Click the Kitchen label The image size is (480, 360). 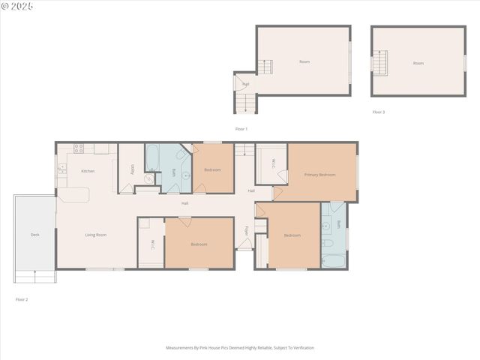[88, 171]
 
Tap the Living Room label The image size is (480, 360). [95, 235]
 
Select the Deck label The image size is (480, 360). [34, 235]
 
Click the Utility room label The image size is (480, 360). [133, 170]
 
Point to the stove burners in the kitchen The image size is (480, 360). [78, 148]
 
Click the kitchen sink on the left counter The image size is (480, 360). [62, 171]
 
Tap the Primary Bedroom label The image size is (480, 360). [319, 175]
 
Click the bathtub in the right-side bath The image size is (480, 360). [334, 261]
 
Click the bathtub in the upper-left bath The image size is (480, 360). [152, 157]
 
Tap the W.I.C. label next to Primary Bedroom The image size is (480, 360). [274, 163]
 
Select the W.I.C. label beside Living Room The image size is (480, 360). [152, 244]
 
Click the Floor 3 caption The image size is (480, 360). [379, 112]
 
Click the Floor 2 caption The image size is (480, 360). [22, 299]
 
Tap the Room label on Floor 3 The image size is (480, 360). [418, 63]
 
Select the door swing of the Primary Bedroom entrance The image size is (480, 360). [277, 193]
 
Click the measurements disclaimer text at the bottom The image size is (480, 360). [240, 348]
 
